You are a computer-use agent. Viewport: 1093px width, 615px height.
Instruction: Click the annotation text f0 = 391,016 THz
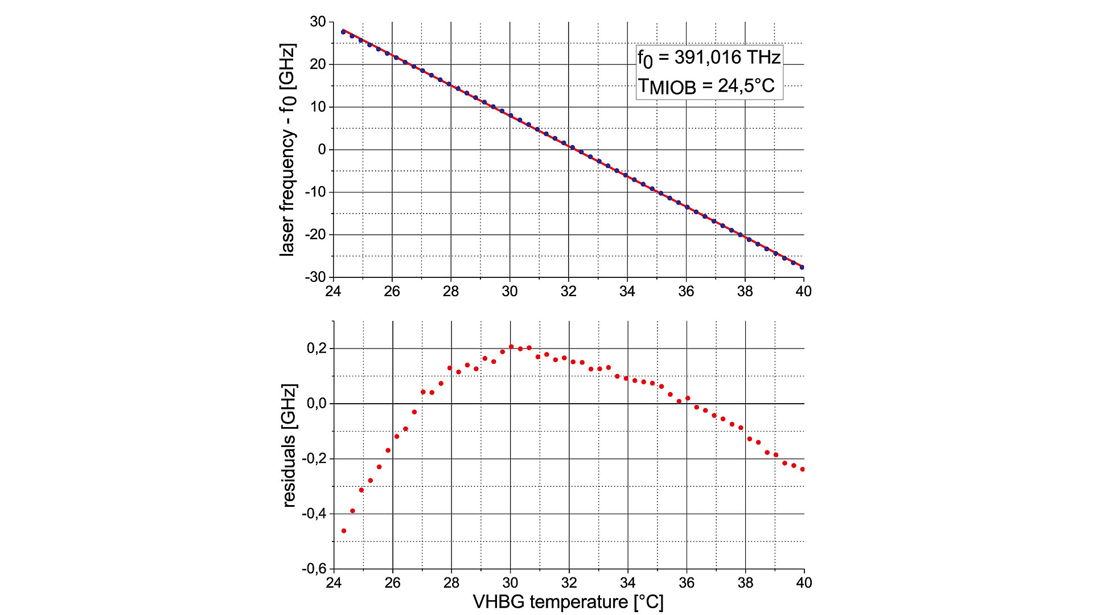[x=709, y=58]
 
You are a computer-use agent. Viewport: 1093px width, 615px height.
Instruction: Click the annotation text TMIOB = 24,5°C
[x=706, y=86]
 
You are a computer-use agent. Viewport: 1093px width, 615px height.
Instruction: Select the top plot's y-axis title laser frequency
[x=287, y=150]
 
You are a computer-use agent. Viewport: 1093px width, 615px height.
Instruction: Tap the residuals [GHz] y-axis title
[x=289, y=445]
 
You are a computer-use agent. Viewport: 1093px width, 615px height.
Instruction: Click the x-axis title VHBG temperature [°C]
[x=568, y=602]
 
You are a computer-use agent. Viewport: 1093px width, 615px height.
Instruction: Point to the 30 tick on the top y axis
[x=318, y=22]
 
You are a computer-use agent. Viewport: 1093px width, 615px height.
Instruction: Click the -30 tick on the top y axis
[x=315, y=277]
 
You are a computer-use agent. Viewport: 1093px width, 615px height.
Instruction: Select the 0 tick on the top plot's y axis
[x=322, y=150]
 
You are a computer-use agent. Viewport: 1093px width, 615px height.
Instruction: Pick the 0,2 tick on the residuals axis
[x=317, y=348]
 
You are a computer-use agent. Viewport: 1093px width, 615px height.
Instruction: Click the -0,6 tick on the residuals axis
[x=314, y=568]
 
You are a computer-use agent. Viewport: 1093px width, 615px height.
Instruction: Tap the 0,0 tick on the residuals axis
[x=317, y=403]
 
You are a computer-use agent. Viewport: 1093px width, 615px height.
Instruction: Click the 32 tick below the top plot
[x=568, y=292]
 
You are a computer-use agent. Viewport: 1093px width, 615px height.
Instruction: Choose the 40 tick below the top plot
[x=803, y=292]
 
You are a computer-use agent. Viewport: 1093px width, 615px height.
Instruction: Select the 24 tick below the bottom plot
[x=334, y=583]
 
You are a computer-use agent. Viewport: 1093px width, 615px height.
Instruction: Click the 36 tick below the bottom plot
[x=687, y=583]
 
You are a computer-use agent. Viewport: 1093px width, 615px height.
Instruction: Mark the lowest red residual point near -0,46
[x=344, y=531]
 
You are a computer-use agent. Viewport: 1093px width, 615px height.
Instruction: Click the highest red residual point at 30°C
[x=511, y=346]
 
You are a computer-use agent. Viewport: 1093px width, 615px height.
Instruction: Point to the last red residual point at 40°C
[x=803, y=469]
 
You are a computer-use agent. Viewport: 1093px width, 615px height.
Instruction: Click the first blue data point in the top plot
[x=343, y=32]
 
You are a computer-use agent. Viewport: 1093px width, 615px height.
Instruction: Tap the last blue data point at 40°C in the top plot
[x=802, y=267]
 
